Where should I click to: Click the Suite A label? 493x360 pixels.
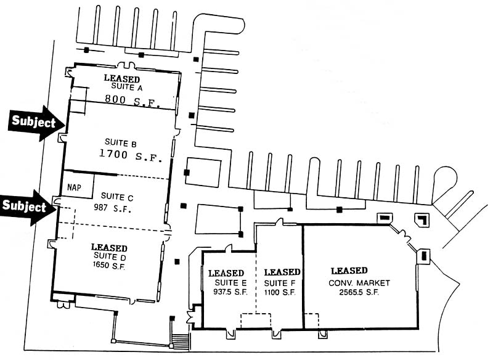point(127,87)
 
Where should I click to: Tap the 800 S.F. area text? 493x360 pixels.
point(132,101)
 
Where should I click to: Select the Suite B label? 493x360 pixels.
point(121,143)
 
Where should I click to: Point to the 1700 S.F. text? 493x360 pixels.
point(131,155)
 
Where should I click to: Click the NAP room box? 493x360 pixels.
point(78,186)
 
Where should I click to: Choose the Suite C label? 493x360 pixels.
point(117,197)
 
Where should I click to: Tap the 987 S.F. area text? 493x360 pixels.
point(112,208)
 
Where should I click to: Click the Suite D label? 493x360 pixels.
point(110,256)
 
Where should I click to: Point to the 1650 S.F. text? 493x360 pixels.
point(109,266)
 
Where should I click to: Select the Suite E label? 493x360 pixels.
point(230,282)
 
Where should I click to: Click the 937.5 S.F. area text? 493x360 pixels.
point(230,292)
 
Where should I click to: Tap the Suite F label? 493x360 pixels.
point(280,284)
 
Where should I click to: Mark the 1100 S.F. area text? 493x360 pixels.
point(280,292)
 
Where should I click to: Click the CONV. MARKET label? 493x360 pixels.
point(359,283)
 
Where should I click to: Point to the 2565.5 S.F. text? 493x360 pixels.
point(359,292)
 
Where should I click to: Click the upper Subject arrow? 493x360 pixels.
point(36,123)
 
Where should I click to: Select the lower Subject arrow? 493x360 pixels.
point(28,207)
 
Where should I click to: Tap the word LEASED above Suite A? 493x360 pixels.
point(122,78)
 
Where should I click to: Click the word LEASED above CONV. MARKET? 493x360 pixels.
point(349,271)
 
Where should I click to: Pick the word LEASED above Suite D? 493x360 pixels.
point(109,248)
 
